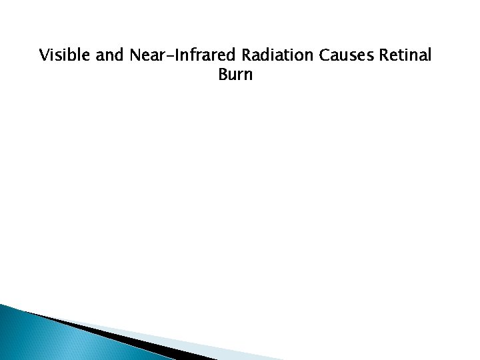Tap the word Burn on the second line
click(x=235, y=74)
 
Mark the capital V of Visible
click(x=44, y=55)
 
